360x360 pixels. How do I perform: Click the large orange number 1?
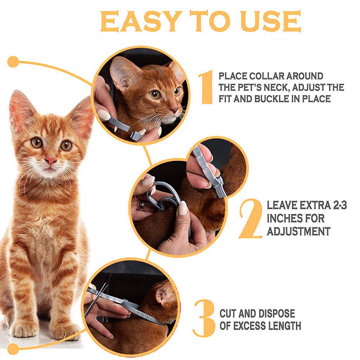pyautogui.click(x=207, y=87)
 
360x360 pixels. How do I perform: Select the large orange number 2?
pyautogui.click(x=251, y=219)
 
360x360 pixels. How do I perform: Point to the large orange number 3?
pyautogui.click(x=204, y=318)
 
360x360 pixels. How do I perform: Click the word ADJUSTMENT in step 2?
pyautogui.click(x=298, y=231)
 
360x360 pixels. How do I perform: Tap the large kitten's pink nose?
pyautogui.click(x=51, y=161)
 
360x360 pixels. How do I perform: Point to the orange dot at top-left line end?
pyautogui.click(x=13, y=61)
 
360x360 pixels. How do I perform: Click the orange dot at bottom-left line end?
pyautogui.click(x=13, y=348)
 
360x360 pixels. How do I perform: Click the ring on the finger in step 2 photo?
pyautogui.click(x=142, y=205)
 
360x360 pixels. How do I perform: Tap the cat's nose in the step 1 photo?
pyautogui.click(x=174, y=108)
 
